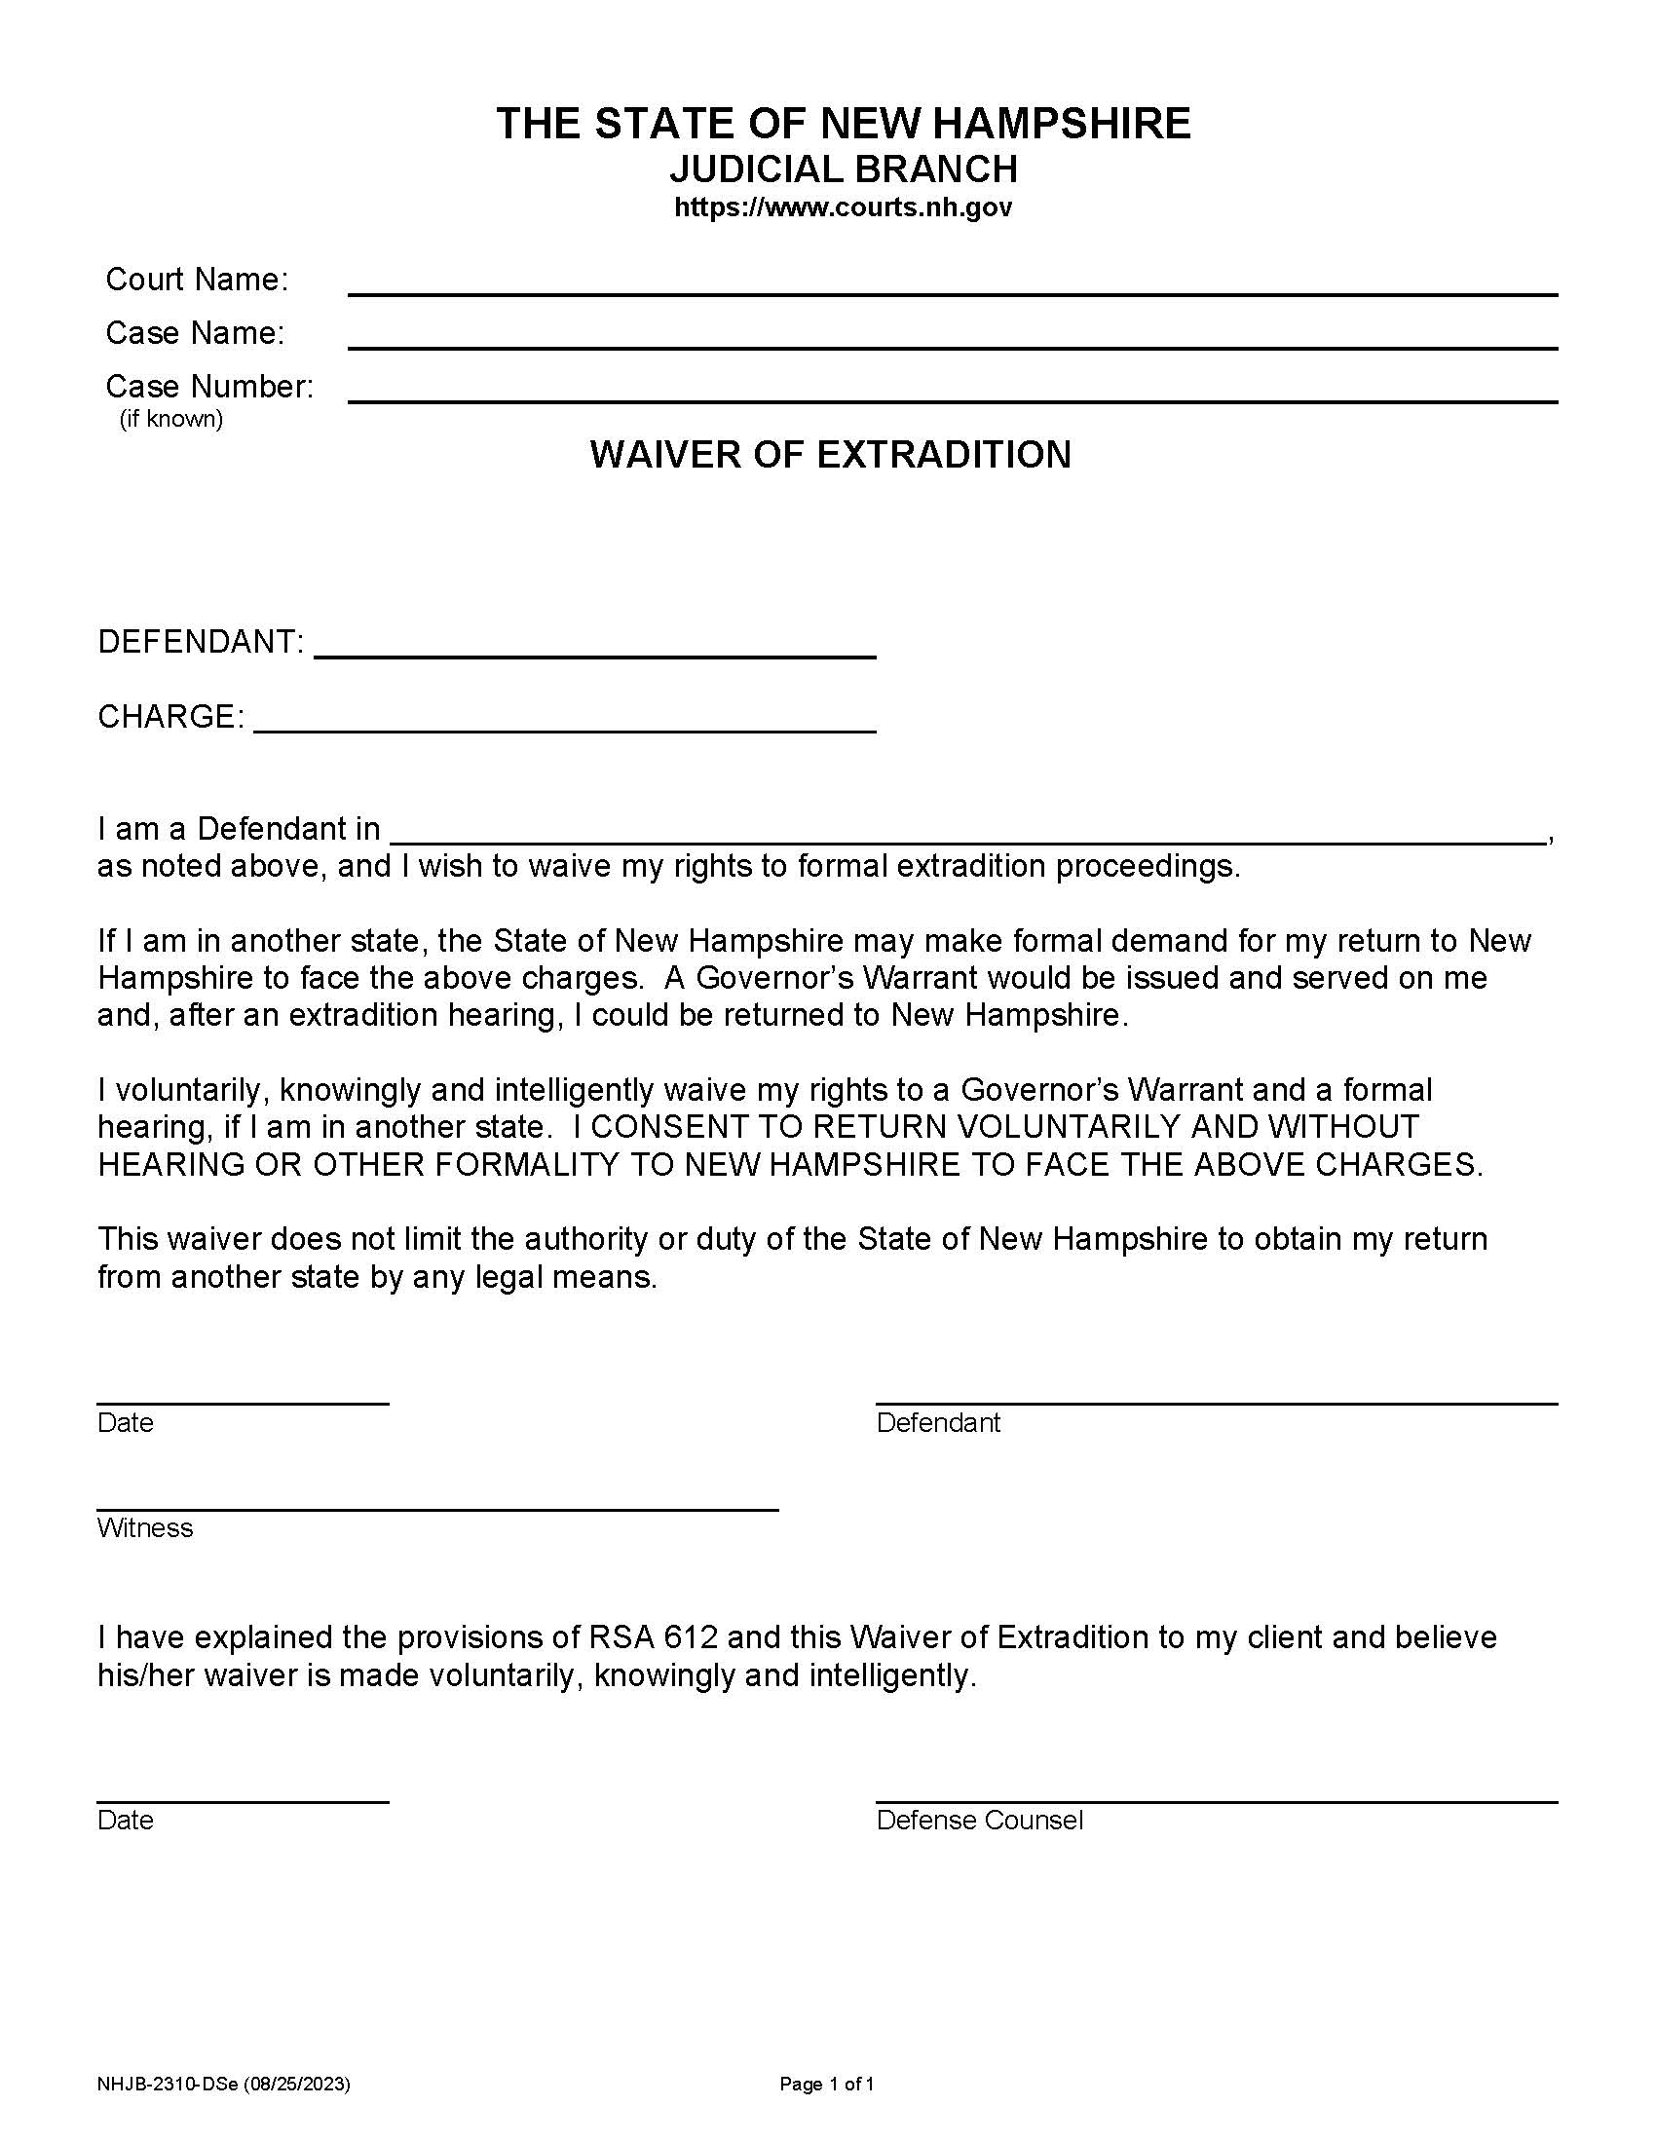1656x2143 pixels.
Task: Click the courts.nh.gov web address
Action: coord(843,208)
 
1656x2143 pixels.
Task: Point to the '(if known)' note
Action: coord(171,419)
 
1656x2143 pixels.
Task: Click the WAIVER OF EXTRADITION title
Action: coord(830,454)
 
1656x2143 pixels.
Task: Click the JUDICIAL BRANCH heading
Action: coord(843,169)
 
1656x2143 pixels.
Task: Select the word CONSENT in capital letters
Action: coord(670,1127)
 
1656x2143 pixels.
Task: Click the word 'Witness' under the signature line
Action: coord(145,1528)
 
